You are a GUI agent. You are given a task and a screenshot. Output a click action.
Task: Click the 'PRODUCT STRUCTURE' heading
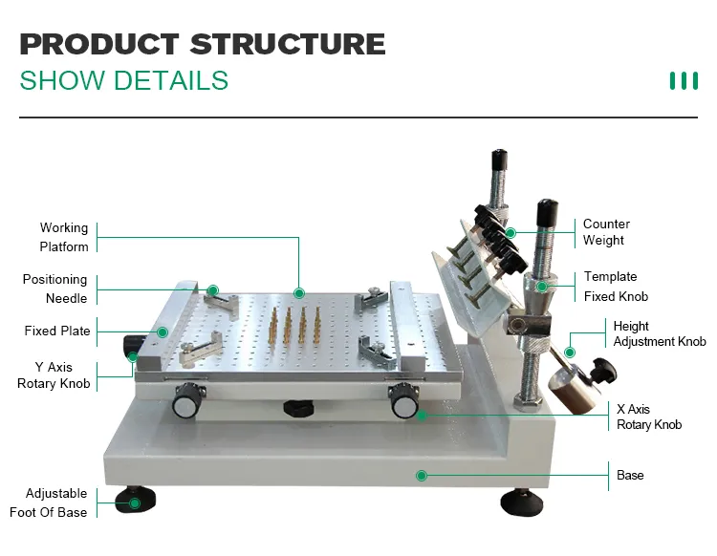tap(203, 44)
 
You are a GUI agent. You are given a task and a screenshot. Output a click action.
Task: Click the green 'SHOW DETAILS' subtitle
tap(124, 80)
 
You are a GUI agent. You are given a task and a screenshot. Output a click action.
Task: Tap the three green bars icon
tap(684, 81)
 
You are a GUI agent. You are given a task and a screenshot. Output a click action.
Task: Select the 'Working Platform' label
tap(64, 237)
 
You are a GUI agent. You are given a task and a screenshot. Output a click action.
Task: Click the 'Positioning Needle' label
tap(55, 289)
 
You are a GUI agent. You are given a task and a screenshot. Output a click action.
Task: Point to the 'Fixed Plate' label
tap(57, 331)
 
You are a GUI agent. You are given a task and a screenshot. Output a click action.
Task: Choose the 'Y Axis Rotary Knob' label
tap(54, 375)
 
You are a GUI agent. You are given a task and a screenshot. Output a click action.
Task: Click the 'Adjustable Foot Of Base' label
tap(55, 503)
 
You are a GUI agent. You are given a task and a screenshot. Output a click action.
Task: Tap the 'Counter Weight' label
tap(606, 232)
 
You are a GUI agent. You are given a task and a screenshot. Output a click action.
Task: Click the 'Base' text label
tap(630, 475)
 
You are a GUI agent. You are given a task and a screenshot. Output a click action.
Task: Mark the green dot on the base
tap(421, 475)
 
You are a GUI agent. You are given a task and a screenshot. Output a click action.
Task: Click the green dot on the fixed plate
tap(163, 331)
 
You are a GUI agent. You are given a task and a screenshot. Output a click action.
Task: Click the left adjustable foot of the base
tap(135, 501)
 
